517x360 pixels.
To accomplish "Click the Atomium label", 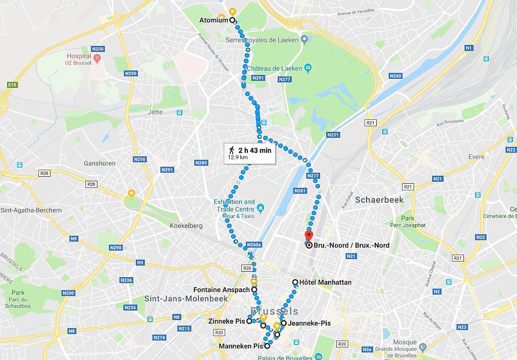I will (214, 20).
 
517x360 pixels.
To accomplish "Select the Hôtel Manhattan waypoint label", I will (325, 282).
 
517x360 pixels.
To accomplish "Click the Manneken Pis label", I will (241, 346).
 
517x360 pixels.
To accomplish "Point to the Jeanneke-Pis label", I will (309, 323).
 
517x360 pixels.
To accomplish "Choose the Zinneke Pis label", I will (226, 321).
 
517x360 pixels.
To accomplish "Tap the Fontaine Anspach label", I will (222, 290).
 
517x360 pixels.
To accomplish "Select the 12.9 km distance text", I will (238, 158).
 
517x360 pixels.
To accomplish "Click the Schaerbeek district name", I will (379, 200).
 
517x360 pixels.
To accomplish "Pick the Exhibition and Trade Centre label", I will (234, 205).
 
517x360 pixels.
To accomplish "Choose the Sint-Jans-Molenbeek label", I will (180, 298).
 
